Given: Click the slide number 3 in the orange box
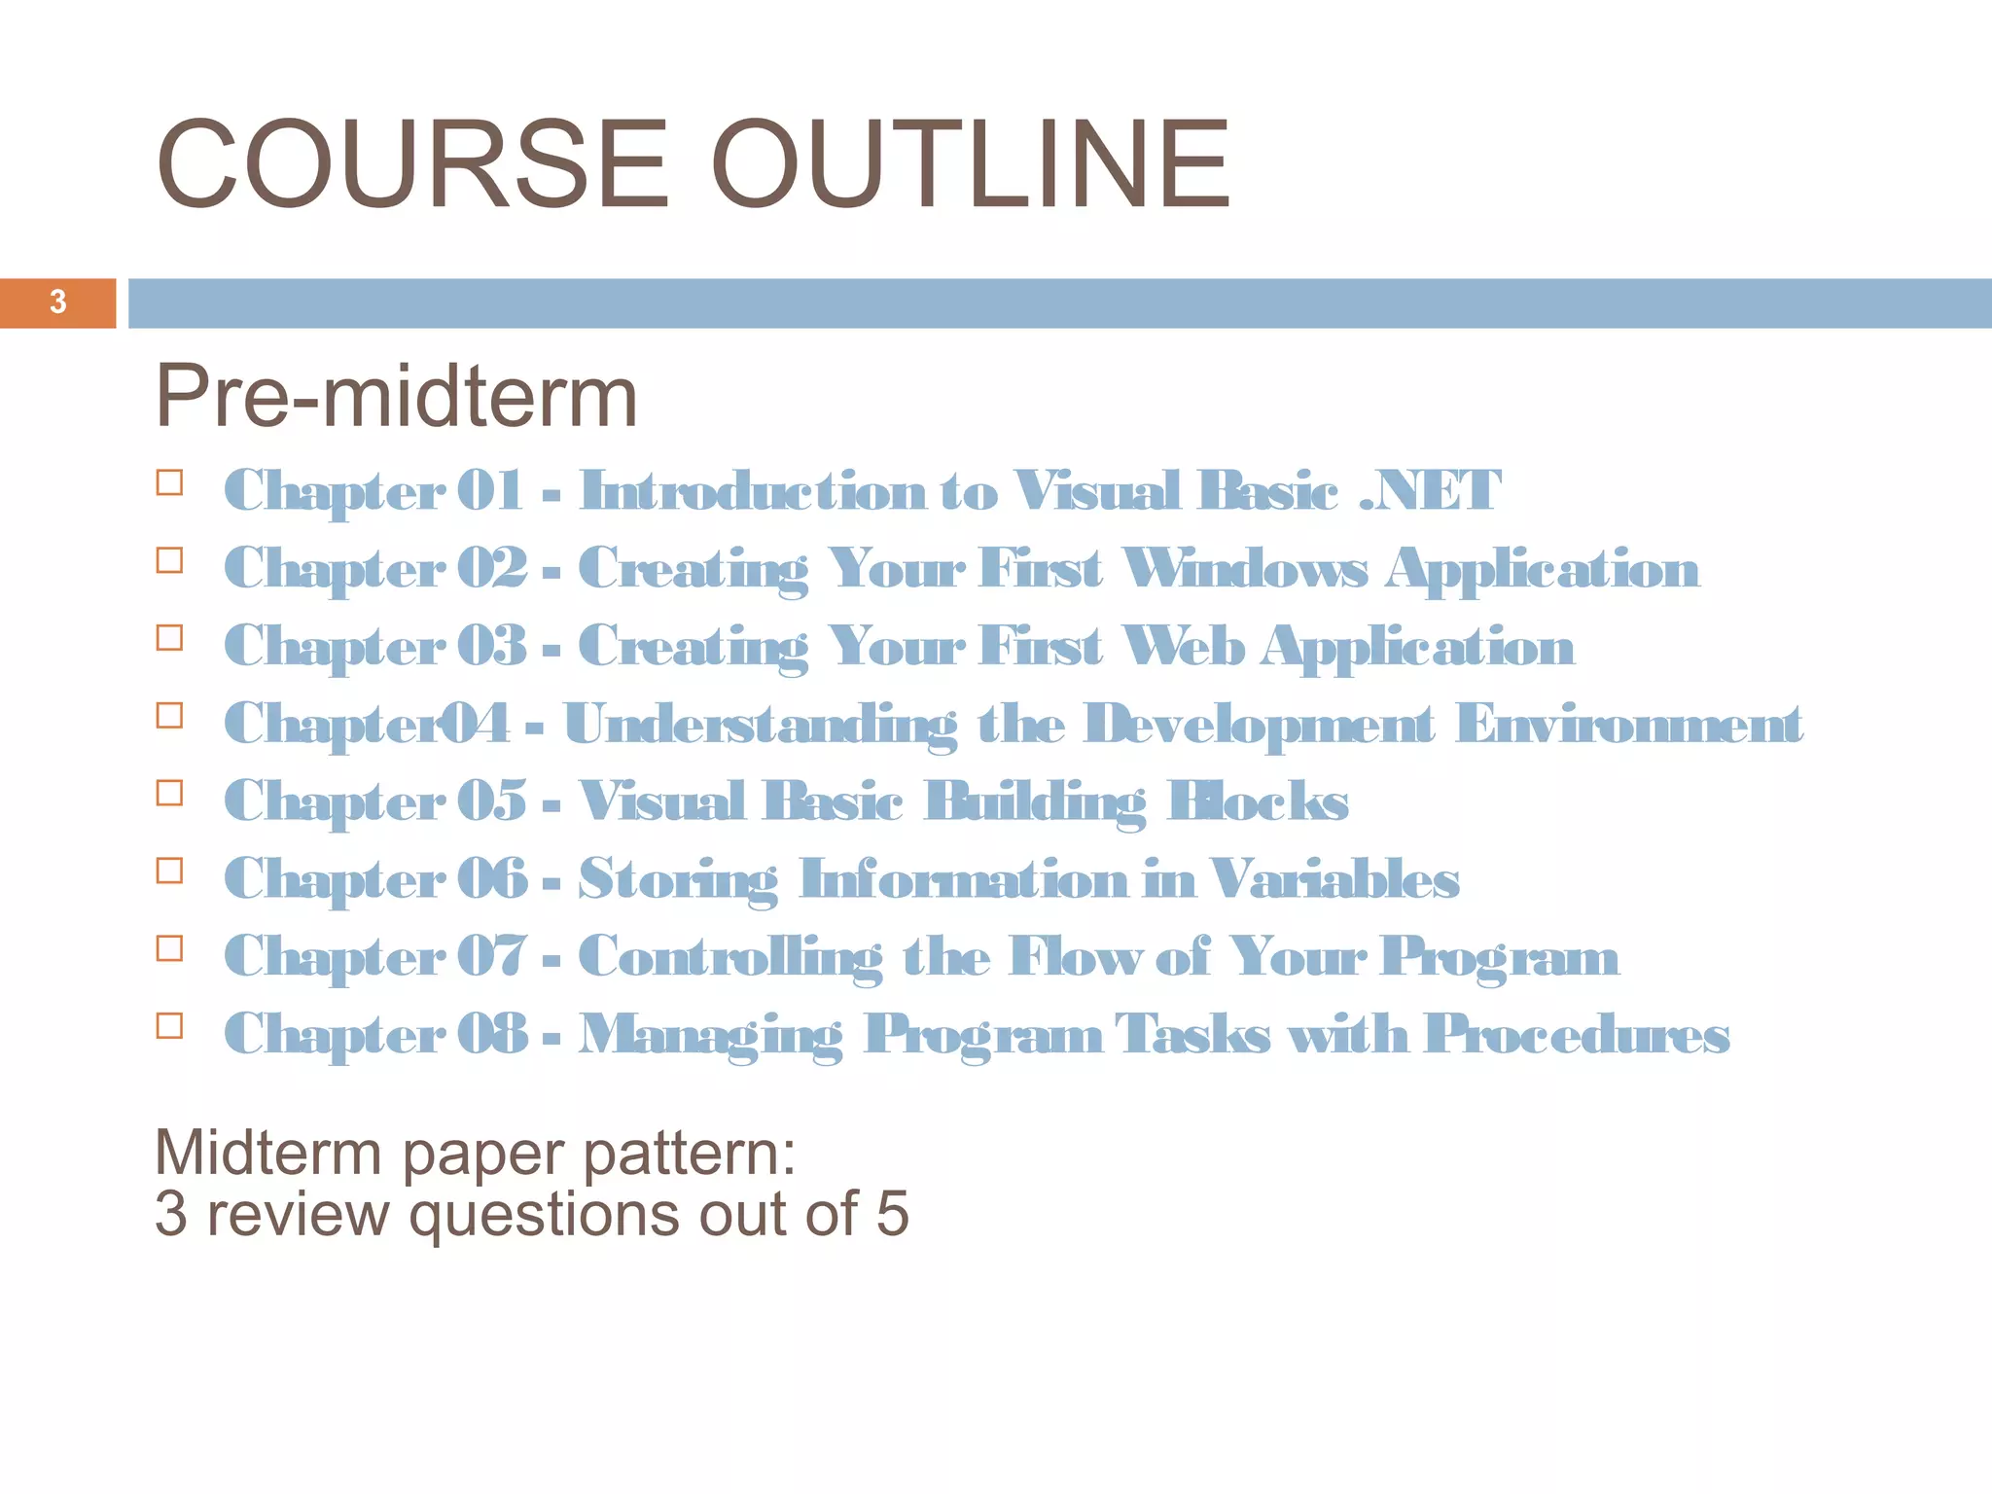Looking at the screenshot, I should (58, 302).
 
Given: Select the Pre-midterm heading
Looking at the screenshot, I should (396, 397).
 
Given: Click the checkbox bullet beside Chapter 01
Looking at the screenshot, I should (169, 483).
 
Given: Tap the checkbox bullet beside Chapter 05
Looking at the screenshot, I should (169, 794).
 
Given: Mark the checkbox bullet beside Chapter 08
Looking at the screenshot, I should (169, 1026).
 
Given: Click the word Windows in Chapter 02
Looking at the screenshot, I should (1245, 568).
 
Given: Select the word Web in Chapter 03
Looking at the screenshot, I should (1182, 646).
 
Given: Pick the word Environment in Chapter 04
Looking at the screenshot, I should (1628, 725).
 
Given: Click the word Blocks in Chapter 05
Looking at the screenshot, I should (1258, 801).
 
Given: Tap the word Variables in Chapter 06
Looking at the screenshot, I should (1334, 879).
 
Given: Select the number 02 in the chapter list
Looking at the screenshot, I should (492, 568).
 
